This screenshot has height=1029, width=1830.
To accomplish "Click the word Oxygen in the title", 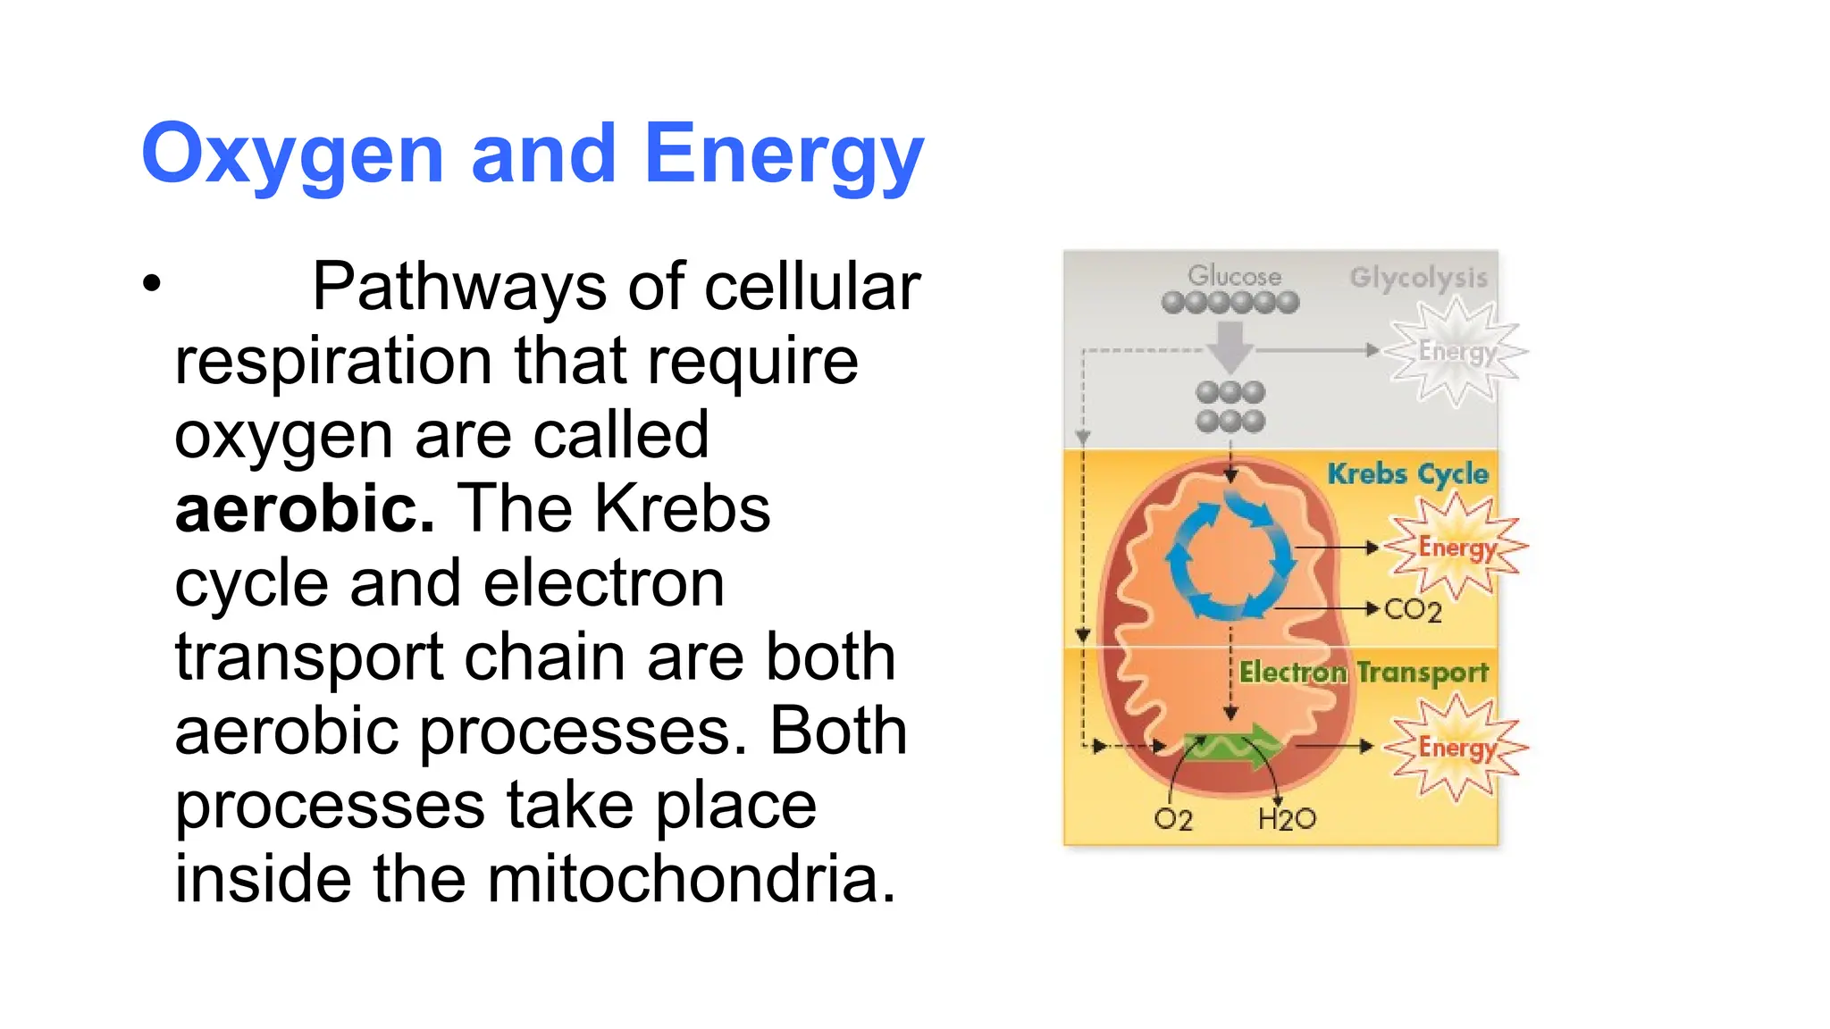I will (x=291, y=155).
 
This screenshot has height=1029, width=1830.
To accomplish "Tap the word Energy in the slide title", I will (x=783, y=155).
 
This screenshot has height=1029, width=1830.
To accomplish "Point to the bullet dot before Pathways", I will (x=152, y=283).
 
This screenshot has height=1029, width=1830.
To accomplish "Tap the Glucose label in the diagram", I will (x=1234, y=276).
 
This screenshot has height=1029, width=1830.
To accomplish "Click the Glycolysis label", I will (x=1418, y=277).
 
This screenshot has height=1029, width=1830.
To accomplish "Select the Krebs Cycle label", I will (x=1407, y=473).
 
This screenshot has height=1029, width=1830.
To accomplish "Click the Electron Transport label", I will (x=1364, y=672).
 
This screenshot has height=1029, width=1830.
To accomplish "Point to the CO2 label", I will (x=1413, y=610).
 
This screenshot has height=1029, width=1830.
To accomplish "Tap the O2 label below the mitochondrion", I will (x=1172, y=819).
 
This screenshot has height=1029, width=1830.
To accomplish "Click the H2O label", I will (x=1287, y=819).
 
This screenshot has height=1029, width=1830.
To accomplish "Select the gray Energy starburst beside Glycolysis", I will (x=1456, y=351).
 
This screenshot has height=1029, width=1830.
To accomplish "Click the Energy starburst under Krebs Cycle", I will (x=1456, y=547).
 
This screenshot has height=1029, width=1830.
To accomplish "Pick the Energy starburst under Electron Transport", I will (x=1456, y=747).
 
